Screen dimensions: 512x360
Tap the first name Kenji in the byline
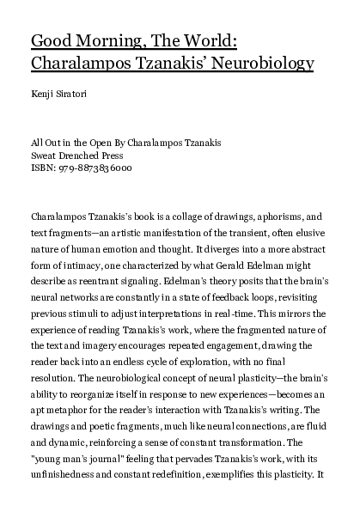(x=43, y=92)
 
